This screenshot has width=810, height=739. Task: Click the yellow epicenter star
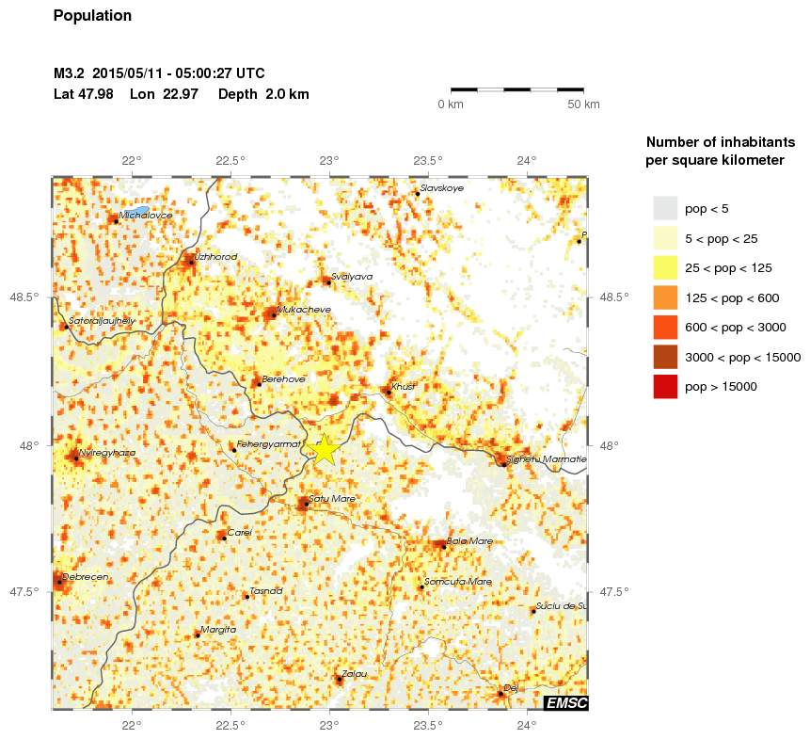point(325,449)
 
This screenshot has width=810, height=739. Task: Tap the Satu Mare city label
point(331,498)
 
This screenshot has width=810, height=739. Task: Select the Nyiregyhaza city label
point(107,453)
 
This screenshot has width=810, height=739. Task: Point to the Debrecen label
point(86,576)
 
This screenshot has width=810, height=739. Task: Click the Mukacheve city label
point(304,309)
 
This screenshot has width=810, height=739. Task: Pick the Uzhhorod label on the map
point(215,256)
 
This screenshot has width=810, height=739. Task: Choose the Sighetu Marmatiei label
point(546,459)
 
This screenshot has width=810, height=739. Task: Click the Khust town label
point(403,387)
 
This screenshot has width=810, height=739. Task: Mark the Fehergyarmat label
point(267,443)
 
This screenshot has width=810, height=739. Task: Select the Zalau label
point(354,673)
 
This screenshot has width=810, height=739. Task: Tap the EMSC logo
point(566,702)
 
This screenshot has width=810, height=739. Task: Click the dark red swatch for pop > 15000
point(665,386)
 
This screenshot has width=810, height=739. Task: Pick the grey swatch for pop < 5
point(665,208)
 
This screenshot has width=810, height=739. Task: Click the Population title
point(93,16)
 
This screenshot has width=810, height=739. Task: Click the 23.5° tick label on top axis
point(428,161)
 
